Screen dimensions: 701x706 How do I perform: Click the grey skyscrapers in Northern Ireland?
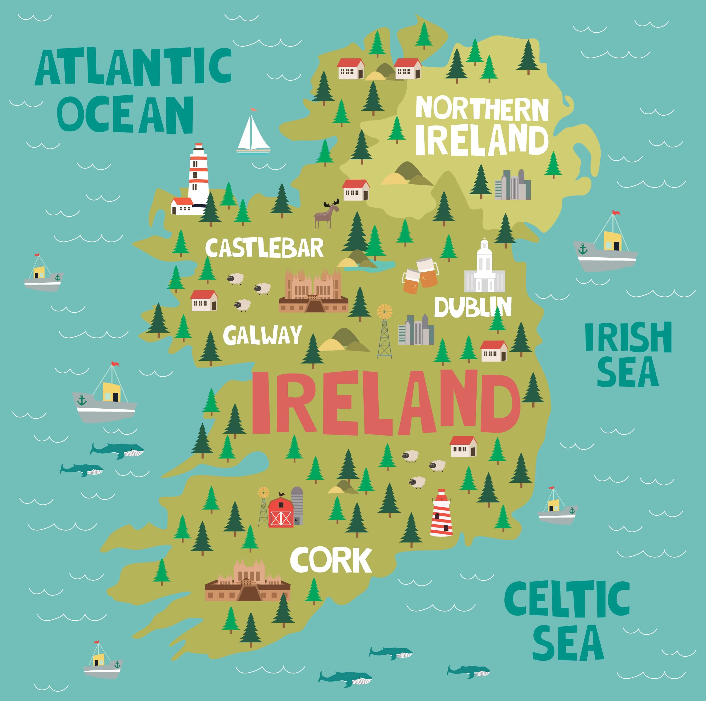[512, 185]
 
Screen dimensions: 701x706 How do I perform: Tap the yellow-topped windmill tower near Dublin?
[385, 331]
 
